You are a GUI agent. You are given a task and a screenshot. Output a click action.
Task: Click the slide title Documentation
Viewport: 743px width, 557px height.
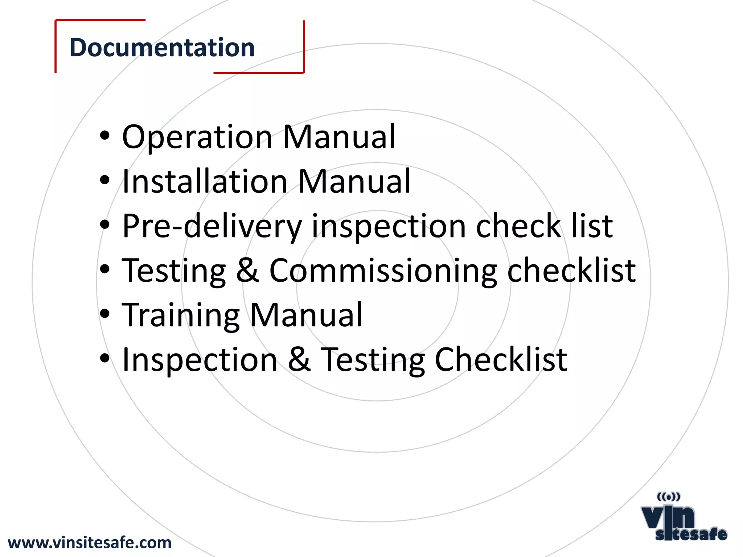click(x=162, y=48)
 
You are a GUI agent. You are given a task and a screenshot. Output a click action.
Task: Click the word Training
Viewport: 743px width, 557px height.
click(x=180, y=315)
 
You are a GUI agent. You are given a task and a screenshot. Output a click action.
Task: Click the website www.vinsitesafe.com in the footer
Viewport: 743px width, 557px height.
click(x=90, y=543)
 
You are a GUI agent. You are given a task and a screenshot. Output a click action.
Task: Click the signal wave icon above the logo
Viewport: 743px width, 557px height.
click(x=668, y=496)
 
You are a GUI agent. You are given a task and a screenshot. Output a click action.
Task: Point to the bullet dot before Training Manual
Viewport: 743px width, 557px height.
click(x=104, y=314)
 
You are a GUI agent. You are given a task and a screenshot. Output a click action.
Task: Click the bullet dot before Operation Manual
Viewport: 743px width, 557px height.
click(x=104, y=136)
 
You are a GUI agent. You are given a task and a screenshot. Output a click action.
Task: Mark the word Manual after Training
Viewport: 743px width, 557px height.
click(x=306, y=315)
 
